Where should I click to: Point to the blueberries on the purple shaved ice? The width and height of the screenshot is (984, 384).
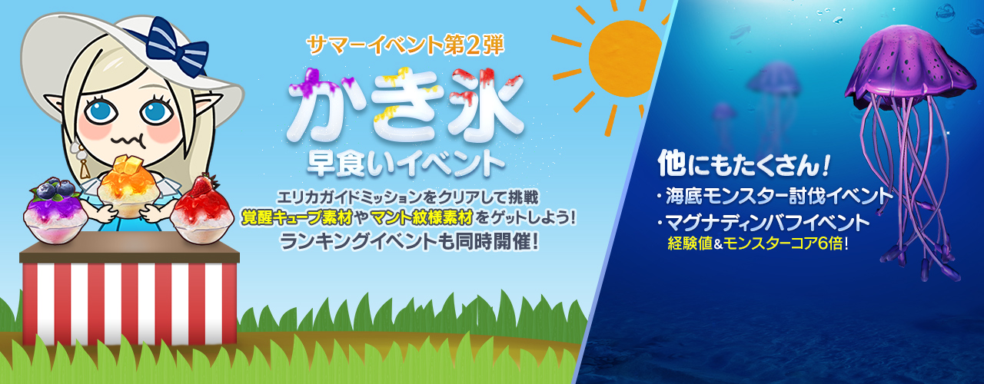54,189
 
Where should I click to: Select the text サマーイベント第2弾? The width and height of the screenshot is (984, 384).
405,45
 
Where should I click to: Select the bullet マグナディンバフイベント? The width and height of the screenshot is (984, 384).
767,223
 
